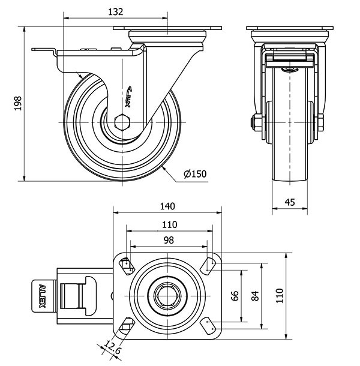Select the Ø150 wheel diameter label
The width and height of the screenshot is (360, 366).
point(195,174)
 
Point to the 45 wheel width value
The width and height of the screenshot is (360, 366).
point(290,202)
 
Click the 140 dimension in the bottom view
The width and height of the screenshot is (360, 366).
point(167,206)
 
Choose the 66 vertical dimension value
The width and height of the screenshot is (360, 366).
point(235,295)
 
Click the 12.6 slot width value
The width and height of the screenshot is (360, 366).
point(112,346)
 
